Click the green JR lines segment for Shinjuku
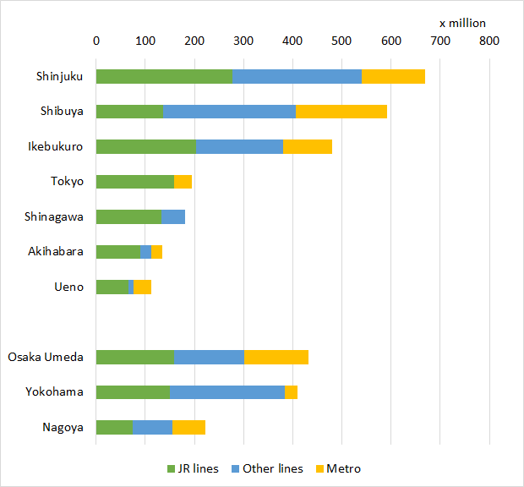(164, 76)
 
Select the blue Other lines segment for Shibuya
(229, 111)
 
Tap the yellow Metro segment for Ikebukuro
(308, 146)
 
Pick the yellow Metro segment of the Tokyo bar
(183, 181)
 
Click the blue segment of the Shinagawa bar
(173, 216)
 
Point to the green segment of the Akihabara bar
(117, 251)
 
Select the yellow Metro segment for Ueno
(142, 287)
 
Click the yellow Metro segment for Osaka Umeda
(276, 357)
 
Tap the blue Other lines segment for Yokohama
(227, 391)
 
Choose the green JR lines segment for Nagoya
(114, 427)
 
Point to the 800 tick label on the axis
(489, 41)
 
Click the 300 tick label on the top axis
(244, 41)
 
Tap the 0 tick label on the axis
(96, 41)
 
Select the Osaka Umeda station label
(46, 357)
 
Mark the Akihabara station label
(57, 251)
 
